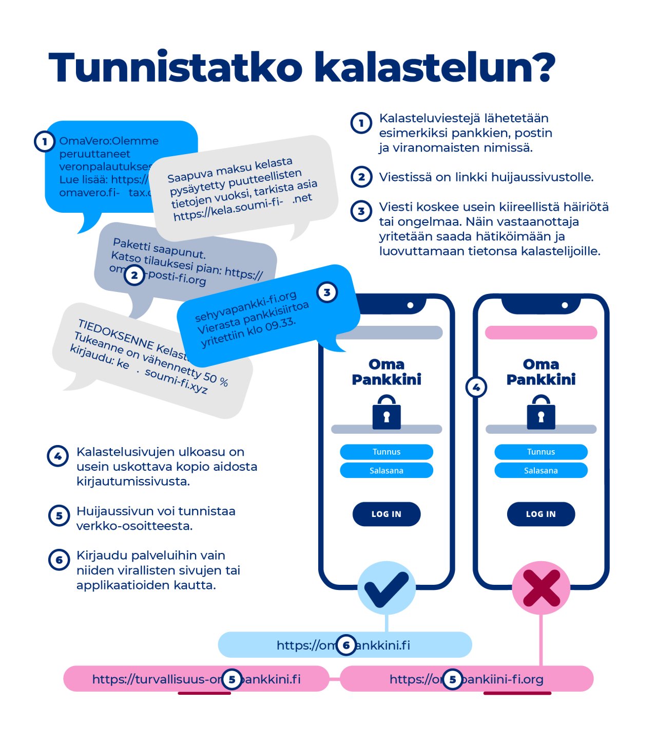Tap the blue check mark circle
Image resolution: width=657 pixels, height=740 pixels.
386,588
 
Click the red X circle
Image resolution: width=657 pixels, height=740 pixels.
541,588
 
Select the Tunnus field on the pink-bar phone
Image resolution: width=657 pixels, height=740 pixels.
541,452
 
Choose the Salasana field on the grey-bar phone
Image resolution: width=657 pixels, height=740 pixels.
387,471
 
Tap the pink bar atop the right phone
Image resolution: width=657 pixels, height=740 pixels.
541,332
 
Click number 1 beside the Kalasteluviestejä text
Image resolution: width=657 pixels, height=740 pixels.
361,123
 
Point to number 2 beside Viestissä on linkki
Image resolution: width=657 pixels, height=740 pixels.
361,177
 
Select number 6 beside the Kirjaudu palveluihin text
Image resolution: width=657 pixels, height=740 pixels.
59,560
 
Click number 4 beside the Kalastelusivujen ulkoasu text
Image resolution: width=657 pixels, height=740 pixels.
58,456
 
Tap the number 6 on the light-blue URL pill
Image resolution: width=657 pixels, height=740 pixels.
346,645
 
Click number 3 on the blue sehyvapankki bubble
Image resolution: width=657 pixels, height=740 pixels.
327,292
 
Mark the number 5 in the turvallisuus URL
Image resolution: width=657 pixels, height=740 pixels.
232,679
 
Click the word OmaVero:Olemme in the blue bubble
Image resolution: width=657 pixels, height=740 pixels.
109,141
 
